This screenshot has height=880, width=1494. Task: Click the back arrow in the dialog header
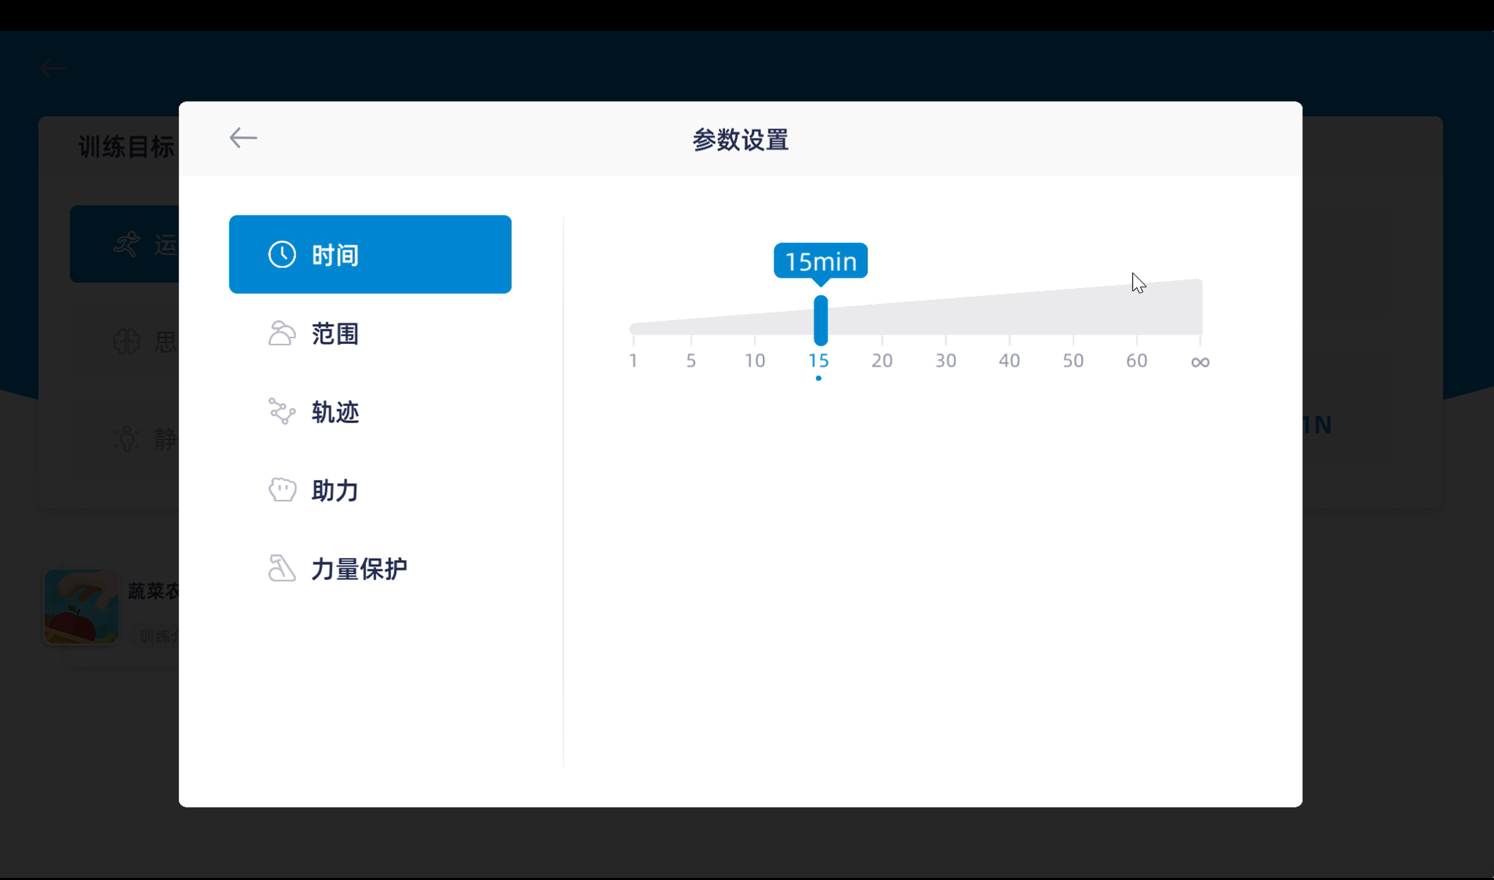(243, 138)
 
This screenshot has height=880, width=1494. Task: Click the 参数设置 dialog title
(740, 141)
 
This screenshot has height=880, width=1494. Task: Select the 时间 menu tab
(369, 255)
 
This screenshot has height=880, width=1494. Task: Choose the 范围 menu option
(335, 334)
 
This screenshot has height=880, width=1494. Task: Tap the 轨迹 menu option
(335, 412)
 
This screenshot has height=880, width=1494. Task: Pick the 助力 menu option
(335, 490)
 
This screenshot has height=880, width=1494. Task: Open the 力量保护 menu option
(359, 569)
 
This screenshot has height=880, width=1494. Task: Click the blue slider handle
(820, 320)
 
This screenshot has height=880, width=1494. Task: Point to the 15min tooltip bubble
(820, 261)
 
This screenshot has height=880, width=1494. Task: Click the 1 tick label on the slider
(633, 361)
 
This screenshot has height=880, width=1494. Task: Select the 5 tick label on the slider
(691, 361)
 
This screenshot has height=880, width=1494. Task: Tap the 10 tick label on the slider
(754, 361)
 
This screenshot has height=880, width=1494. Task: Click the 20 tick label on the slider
(882, 361)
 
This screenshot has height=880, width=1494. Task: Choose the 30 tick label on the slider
(945, 361)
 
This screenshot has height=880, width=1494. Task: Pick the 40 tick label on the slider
(1009, 361)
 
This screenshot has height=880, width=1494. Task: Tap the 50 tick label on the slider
(1073, 361)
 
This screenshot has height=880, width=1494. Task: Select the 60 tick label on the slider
(1136, 361)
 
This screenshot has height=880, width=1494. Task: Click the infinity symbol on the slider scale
(1200, 362)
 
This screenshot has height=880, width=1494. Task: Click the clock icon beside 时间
(282, 255)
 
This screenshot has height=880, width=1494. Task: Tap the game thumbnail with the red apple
(81, 607)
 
